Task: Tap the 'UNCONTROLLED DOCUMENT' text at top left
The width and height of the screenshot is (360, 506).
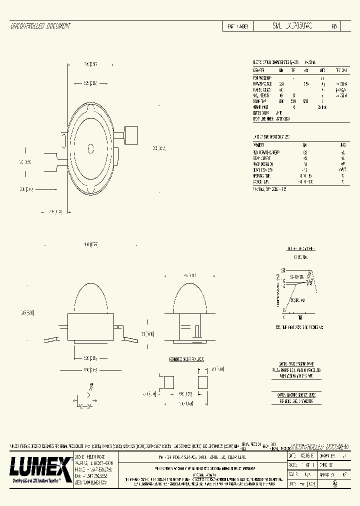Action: point(40,26)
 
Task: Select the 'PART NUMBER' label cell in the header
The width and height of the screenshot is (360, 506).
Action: point(237,26)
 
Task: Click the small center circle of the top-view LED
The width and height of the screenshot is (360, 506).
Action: point(90,147)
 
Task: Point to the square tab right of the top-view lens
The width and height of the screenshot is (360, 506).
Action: point(131,134)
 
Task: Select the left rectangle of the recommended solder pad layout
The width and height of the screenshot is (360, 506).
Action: point(168,382)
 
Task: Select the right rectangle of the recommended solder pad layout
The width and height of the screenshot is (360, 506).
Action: point(202,382)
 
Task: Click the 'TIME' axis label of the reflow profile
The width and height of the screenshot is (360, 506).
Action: point(299,318)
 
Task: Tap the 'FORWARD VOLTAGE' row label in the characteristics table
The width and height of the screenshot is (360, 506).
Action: point(262,83)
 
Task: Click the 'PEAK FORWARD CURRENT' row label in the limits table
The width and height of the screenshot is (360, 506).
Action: point(266,152)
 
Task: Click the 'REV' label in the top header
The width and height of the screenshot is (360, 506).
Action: point(334,26)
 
